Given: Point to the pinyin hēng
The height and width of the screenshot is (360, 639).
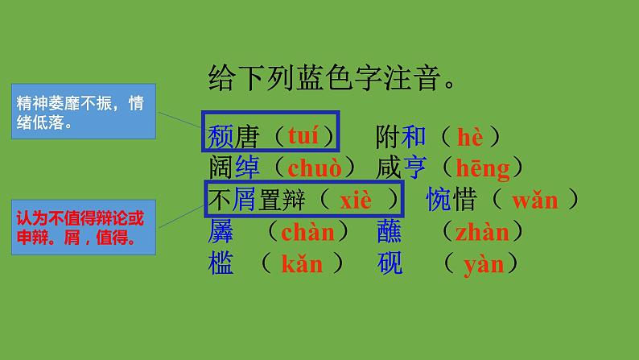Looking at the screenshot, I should pos(483,168).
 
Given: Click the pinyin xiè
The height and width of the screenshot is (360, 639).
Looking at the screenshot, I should pos(356,200).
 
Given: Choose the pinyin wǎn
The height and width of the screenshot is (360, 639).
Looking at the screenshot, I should pos(534,200).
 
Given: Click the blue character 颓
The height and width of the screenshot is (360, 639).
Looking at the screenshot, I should pos(220,136).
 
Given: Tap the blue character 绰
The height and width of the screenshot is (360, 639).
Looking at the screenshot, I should pos(248,168).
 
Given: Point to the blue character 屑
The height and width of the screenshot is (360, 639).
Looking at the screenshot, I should pos(247,200).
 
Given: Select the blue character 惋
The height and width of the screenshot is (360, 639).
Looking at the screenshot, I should pos(439,200).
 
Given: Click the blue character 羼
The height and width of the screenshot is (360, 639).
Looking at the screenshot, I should pos(220,232).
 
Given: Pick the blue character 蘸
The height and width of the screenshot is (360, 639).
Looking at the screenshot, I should pos(390,232).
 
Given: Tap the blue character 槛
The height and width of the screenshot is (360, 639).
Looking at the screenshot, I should pos(220,263).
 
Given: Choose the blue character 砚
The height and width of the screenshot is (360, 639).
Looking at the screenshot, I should pos(390,263).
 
